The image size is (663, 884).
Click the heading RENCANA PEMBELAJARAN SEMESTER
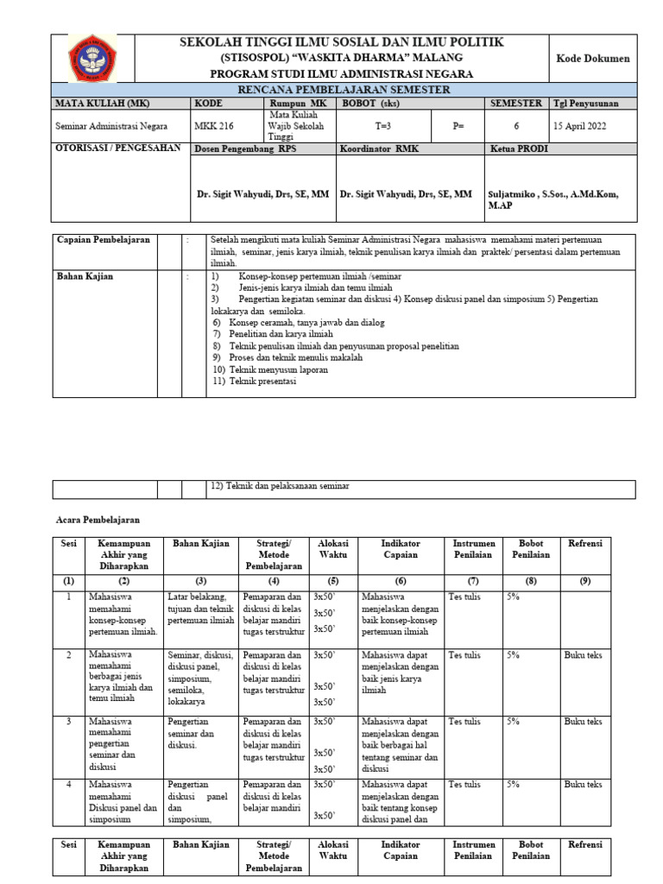[344, 90]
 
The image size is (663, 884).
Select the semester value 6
[516, 126]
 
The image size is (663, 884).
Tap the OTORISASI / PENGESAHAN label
[117, 148]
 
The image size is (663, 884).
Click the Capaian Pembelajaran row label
[103, 239]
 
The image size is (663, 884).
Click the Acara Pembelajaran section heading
[98, 521]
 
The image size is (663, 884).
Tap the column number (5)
[332, 582]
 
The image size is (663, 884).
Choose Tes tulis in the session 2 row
[465, 655]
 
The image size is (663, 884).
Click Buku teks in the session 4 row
[583, 784]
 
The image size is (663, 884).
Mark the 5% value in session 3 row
[513, 720]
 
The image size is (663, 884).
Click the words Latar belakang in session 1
[197, 596]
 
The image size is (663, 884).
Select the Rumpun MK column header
[299, 103]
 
